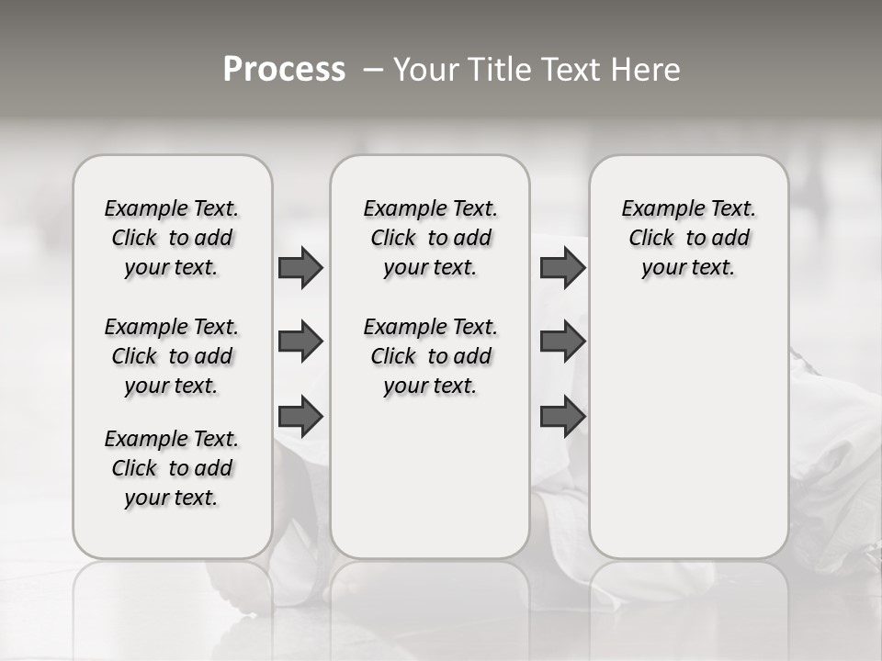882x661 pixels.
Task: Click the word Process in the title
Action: click(x=284, y=70)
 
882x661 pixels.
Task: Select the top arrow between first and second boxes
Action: click(x=300, y=267)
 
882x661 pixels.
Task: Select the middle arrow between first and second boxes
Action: click(x=300, y=342)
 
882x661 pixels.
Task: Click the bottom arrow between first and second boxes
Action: click(x=300, y=417)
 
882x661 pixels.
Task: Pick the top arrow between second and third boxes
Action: click(x=562, y=267)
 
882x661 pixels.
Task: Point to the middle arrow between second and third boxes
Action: click(x=562, y=342)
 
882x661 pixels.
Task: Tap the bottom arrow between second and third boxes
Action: click(x=562, y=417)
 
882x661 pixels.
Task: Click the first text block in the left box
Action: click(x=172, y=238)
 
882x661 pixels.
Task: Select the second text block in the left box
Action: click(x=172, y=356)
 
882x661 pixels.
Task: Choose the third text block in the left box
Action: click(x=172, y=468)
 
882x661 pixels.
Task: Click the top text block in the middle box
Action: click(x=430, y=238)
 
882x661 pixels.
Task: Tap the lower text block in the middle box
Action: click(x=430, y=356)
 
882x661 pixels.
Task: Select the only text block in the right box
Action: click(x=688, y=238)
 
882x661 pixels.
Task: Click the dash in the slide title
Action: click(x=373, y=70)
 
